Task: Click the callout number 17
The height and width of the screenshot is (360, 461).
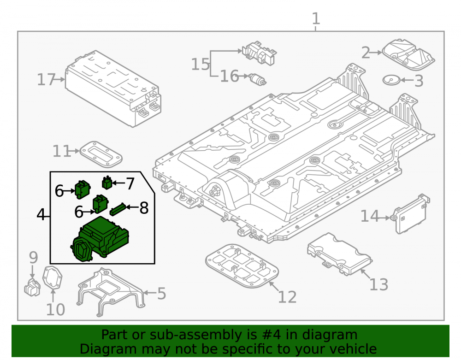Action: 46,80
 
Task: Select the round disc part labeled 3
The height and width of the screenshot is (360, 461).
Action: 391,80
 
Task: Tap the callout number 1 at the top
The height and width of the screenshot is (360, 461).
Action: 316,19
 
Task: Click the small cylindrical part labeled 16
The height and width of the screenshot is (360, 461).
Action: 258,79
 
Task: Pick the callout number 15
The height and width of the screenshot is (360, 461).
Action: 200,65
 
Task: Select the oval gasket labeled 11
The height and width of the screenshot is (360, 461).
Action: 101,154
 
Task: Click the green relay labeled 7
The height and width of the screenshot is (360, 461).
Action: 107,183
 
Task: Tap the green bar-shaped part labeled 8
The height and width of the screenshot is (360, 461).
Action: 118,209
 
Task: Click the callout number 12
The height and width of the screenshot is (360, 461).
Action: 287,297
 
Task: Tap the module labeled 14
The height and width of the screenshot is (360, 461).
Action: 410,214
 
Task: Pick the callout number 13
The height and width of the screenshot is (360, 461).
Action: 378,284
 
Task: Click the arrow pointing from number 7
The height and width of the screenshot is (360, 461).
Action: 118,183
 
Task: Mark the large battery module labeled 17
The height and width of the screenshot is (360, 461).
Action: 113,89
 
